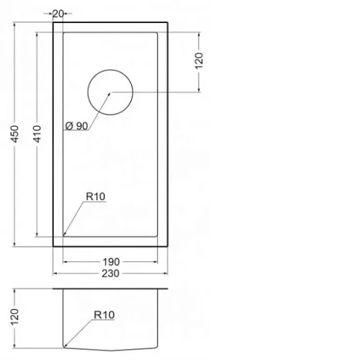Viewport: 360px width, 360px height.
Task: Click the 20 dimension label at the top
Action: pyautogui.click(x=58, y=14)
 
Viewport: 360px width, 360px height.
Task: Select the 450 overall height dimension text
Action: pyautogui.click(x=15, y=134)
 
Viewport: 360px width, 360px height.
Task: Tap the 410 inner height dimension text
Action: pyautogui.click(x=37, y=134)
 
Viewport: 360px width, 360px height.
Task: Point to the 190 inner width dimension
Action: pyautogui.click(x=111, y=262)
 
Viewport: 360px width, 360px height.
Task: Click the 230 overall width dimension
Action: pyautogui.click(x=110, y=274)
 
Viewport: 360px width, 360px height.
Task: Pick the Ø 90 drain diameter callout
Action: pyautogui.click(x=77, y=126)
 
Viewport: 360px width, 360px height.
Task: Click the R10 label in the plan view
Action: pyautogui.click(x=96, y=197)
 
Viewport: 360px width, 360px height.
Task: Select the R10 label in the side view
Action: pyautogui.click(x=104, y=315)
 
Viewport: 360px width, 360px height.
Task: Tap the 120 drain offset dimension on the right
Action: pyautogui.click(x=199, y=61)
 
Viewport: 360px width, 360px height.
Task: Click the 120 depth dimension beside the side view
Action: pyautogui.click(x=15, y=317)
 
